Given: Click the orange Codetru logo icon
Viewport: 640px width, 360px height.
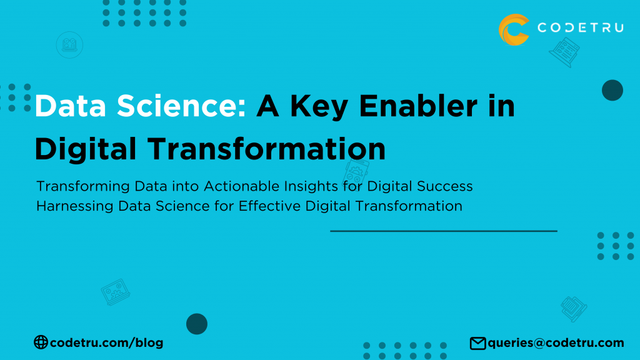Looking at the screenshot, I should pyautogui.click(x=514, y=29).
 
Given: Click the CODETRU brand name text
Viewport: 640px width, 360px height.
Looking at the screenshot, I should pyautogui.click(x=580, y=29).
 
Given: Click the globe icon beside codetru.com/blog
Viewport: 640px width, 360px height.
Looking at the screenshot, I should pyautogui.click(x=41, y=342).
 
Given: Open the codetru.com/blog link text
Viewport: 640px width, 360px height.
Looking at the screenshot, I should pyautogui.click(x=106, y=343).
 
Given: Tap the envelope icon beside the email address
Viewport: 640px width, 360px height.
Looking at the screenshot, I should pyautogui.click(x=478, y=343).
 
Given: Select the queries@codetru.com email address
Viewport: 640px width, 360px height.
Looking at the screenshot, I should pyautogui.click(x=556, y=343).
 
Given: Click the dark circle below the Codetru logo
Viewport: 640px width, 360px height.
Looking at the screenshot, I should pyautogui.click(x=612, y=91).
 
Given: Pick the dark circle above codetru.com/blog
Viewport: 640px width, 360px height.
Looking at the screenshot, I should pyautogui.click(x=197, y=324).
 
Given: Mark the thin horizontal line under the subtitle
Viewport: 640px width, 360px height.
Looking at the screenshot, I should pyautogui.click(x=443, y=231).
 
